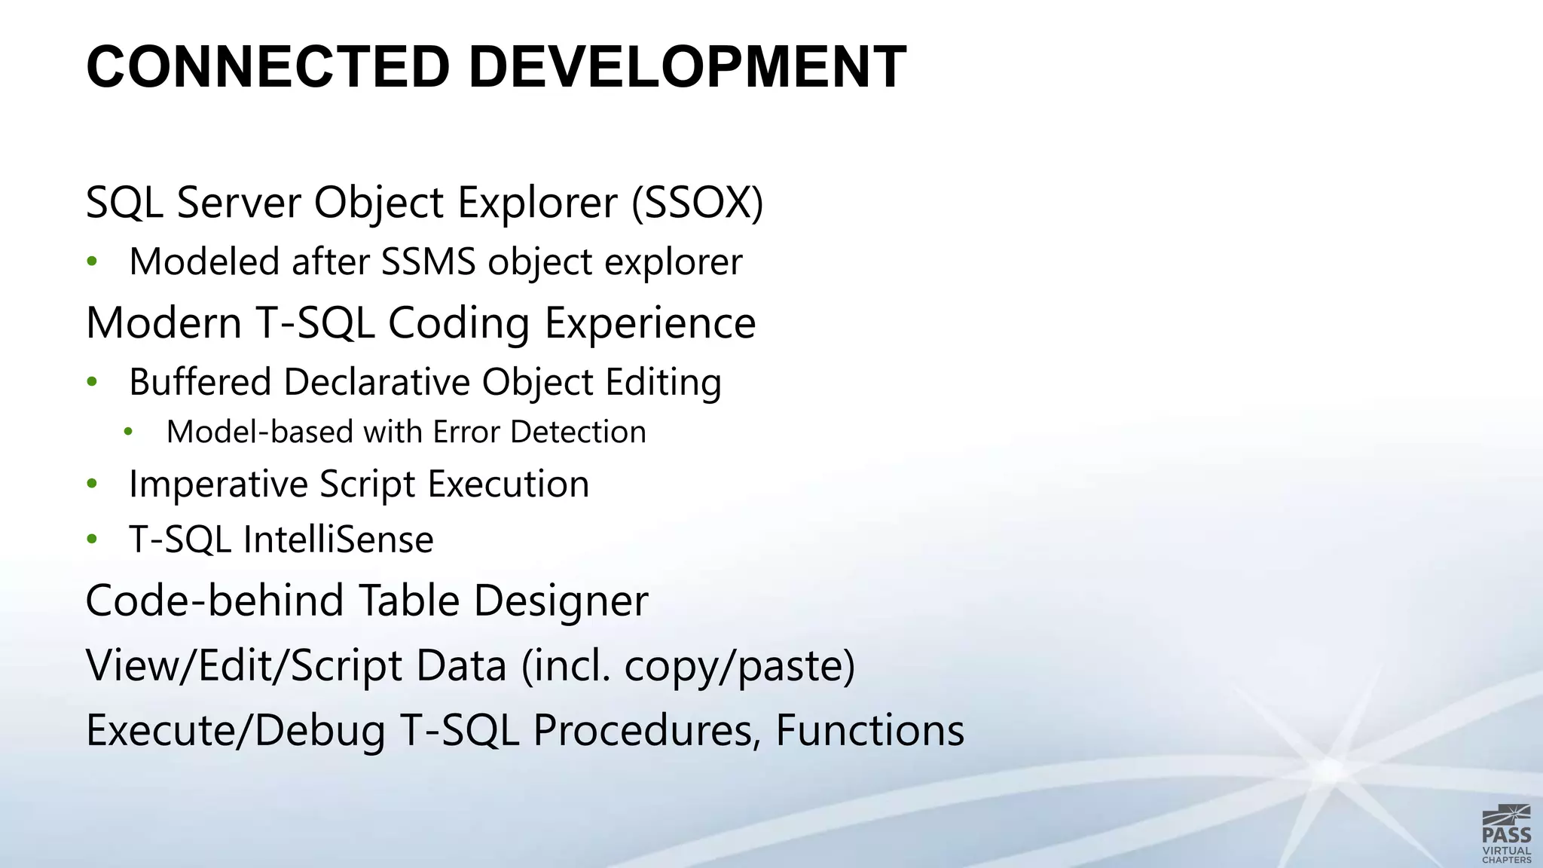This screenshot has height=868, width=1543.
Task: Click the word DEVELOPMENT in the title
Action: [687, 68]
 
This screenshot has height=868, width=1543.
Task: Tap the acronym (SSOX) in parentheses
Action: [697, 203]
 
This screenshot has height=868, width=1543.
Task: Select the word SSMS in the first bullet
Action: [428, 262]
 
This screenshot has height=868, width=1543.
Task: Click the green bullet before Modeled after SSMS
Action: [92, 261]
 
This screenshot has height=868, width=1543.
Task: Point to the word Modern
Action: [163, 323]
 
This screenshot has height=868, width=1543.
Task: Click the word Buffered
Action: [200, 382]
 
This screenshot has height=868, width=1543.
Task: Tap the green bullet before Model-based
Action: [128, 432]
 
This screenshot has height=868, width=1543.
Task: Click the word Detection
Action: [578, 432]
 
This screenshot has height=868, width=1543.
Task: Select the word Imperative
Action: [218, 484]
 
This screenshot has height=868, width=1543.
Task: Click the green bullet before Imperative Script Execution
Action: [92, 484]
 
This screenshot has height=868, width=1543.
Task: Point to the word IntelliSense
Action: [338, 540]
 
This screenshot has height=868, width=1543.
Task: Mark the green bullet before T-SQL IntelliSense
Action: [92, 539]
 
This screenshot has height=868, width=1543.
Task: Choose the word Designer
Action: [561, 601]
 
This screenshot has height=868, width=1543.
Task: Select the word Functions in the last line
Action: [869, 730]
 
